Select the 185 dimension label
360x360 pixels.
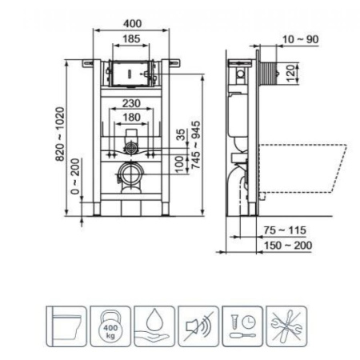(133, 38)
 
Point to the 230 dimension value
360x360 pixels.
(132, 102)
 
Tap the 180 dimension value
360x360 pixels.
(132, 116)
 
